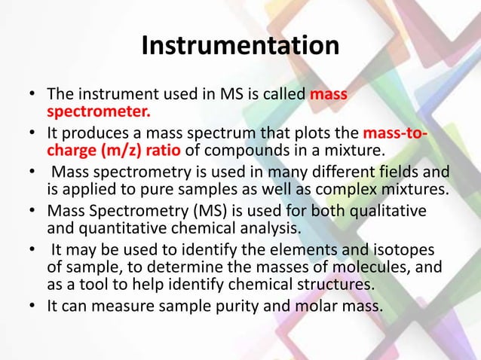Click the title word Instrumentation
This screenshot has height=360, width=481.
point(240,47)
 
